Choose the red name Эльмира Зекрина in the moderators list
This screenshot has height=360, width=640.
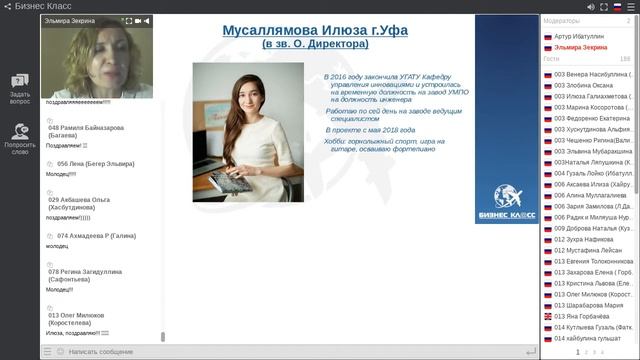click(x=583, y=47)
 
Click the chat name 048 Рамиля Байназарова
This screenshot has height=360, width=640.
click(x=86, y=127)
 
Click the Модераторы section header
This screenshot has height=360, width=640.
click(x=564, y=20)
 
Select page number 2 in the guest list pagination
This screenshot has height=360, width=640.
click(x=585, y=352)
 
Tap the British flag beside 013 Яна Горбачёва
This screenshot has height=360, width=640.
click(x=547, y=315)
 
